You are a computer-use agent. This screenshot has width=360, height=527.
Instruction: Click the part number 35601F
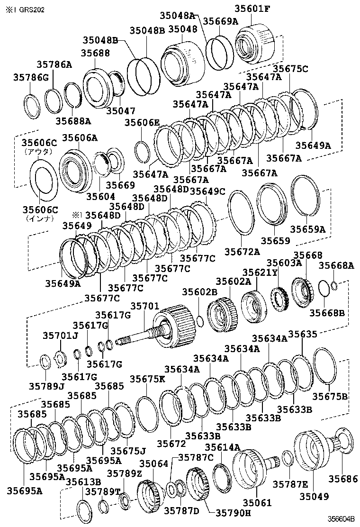point(252,9)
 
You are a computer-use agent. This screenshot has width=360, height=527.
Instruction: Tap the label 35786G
point(31,78)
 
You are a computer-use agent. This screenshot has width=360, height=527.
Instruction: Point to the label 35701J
point(61,336)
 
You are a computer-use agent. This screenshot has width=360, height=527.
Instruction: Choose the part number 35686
point(343,479)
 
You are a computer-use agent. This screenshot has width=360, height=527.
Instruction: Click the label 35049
point(314,496)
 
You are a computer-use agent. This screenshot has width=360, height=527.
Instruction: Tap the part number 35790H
point(233,513)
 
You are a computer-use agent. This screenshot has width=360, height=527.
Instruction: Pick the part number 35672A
point(242,252)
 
